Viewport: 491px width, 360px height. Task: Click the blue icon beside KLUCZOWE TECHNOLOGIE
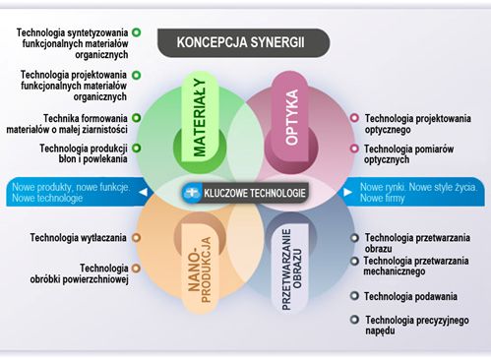(x=192, y=193)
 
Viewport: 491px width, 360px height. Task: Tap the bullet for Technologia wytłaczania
(x=136, y=237)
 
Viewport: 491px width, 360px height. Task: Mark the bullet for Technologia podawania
(x=354, y=296)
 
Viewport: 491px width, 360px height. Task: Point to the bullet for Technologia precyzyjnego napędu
(x=354, y=320)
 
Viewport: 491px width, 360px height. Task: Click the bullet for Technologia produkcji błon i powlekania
(x=136, y=149)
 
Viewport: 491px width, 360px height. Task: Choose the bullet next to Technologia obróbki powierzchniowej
(x=136, y=268)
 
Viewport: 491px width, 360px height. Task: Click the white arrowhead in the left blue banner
(x=143, y=193)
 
